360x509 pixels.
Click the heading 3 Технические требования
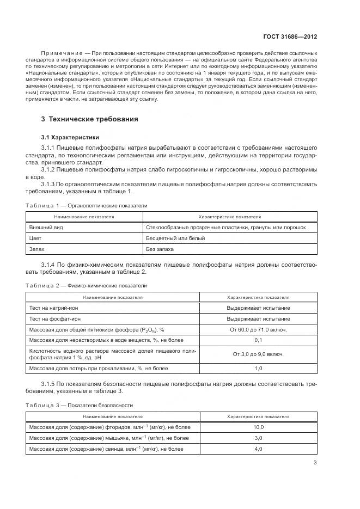(x=90, y=119)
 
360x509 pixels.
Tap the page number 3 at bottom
(x=315, y=463)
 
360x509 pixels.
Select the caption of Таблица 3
(x=79, y=406)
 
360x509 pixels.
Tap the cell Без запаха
(x=160, y=249)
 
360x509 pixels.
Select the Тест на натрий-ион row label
(x=58, y=308)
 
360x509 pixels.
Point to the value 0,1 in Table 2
(x=258, y=340)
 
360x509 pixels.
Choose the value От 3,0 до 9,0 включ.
(x=258, y=354)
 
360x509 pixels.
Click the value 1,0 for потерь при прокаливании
(x=258, y=369)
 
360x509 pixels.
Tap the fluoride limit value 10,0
(x=258, y=427)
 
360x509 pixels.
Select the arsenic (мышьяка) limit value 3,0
(x=258, y=438)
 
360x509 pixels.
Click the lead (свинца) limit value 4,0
(x=258, y=449)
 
